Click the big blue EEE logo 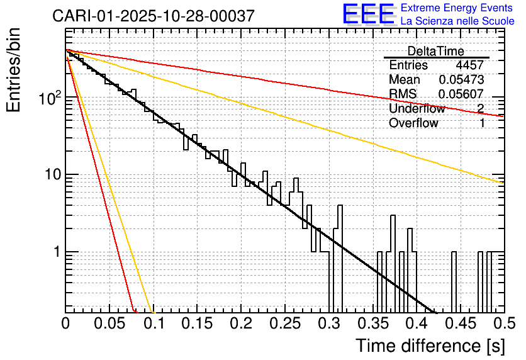coord(368,14)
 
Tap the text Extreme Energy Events coord(457,8)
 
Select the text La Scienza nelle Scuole coord(457,21)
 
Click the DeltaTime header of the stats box coord(436,51)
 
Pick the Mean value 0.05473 coord(461,80)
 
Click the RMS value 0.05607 coord(461,94)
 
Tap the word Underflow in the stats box coord(417,109)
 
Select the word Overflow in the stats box coord(413,123)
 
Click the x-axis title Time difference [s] coord(430,346)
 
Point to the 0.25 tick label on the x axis coord(285,324)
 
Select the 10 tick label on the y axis coord(52,175)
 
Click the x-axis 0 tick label coord(65,324)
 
